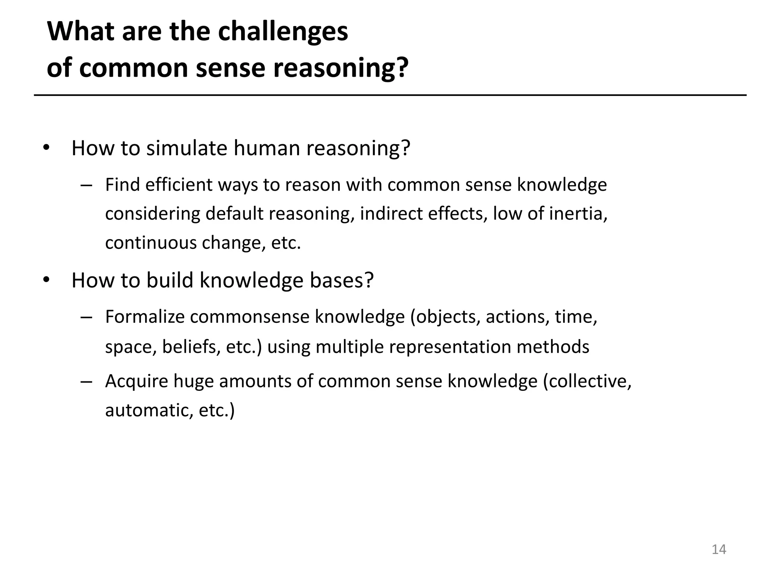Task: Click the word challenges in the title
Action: click(283, 32)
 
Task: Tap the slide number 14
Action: click(718, 549)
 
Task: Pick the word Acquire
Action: click(136, 381)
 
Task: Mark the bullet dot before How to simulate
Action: click(46, 148)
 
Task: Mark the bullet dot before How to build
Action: click(46, 280)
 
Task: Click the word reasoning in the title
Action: click(341, 68)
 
